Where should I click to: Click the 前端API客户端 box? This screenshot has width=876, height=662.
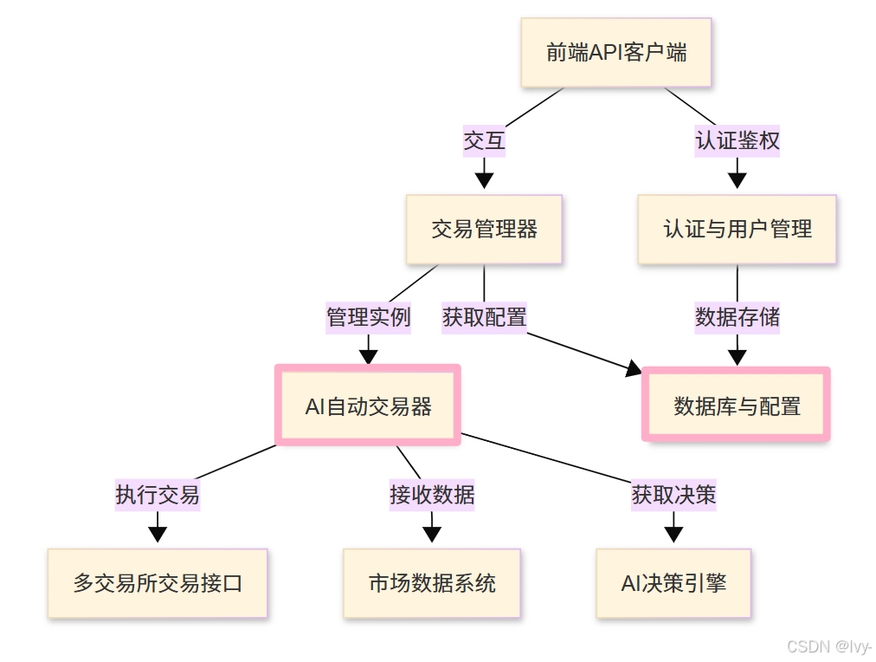(615, 53)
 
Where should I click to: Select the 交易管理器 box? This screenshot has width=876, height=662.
(484, 229)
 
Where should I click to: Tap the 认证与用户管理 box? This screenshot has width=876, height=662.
(737, 229)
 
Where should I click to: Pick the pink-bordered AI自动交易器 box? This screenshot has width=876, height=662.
(368, 406)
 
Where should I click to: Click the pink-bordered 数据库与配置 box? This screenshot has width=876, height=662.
(737, 406)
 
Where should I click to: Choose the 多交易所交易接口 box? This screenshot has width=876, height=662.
(158, 582)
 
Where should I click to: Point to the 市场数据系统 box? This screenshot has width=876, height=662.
(432, 582)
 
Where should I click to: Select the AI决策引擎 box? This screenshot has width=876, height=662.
(673, 582)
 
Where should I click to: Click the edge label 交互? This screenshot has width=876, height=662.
(484, 140)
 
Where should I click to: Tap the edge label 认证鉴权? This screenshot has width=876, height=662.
(737, 140)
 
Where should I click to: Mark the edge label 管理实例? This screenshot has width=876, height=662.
(368, 316)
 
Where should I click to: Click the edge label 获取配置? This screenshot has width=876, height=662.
(484, 316)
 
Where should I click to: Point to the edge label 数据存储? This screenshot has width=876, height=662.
(737, 316)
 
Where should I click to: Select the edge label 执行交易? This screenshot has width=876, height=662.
(158, 494)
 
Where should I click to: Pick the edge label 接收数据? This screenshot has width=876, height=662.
(432, 494)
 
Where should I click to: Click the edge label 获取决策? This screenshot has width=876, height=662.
(673, 494)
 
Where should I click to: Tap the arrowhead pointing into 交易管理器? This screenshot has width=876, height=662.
(484, 180)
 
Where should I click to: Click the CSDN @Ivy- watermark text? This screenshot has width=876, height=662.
(828, 646)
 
